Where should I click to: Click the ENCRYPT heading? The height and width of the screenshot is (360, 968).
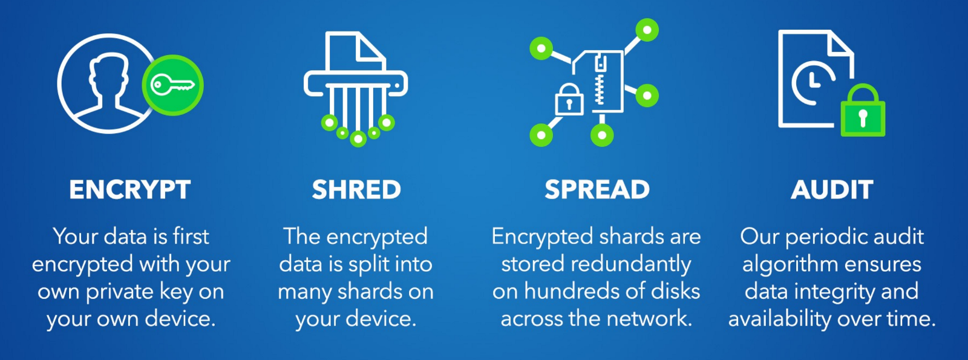point(130,190)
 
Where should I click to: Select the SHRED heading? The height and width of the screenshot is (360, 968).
point(356,190)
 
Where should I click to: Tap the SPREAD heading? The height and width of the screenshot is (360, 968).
point(597,190)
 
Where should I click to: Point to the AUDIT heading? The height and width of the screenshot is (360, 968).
point(832,190)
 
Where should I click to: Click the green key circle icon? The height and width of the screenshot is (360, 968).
point(173,85)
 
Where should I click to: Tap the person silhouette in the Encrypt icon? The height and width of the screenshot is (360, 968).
point(110,85)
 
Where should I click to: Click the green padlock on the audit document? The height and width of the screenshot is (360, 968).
point(863,112)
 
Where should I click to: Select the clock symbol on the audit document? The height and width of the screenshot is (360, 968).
point(812,82)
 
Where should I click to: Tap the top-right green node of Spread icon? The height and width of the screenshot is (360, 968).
point(647,30)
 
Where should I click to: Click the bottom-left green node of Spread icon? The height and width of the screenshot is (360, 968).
point(541,135)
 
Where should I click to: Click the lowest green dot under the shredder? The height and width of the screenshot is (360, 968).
point(358,139)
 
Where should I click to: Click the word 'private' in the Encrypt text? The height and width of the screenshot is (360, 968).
point(120,292)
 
